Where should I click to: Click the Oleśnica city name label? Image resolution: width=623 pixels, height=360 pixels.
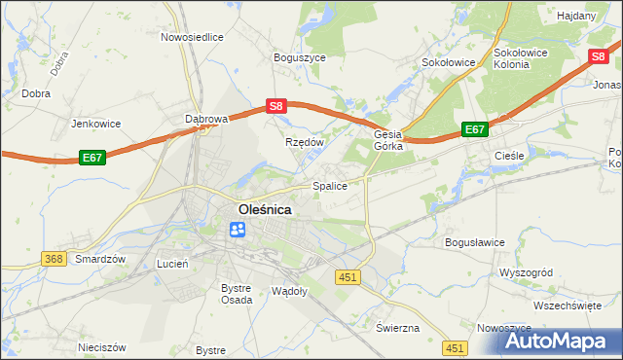266,208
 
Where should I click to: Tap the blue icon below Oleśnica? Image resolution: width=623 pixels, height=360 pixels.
238,230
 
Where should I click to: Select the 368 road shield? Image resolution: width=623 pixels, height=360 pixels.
54,258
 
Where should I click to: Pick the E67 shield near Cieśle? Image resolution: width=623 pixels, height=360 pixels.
474,128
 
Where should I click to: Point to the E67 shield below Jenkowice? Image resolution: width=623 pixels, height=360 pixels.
92,157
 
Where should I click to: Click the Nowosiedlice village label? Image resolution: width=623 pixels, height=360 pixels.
192,37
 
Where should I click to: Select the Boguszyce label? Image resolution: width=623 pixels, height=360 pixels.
299,57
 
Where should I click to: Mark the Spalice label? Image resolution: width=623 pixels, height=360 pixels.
329,185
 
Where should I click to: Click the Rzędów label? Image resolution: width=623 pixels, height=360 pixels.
303,141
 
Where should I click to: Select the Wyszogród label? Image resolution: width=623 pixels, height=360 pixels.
526,273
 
